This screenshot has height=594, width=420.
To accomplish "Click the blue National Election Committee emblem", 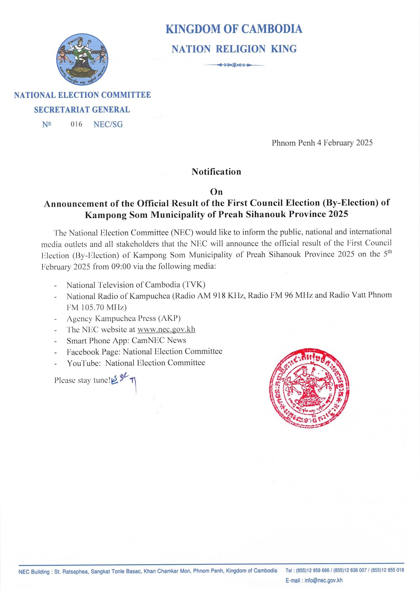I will click(x=83, y=59).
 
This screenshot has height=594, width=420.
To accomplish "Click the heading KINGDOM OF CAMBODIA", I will click(x=234, y=29).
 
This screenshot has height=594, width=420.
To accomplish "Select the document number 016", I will click(x=76, y=124).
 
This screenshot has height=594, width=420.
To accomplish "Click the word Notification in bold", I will click(x=216, y=171).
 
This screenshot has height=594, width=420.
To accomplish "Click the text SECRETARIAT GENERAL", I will click(x=82, y=110).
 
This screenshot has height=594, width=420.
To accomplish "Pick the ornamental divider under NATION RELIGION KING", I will click(x=234, y=65).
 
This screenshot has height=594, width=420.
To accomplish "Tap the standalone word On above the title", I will click(x=216, y=192).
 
